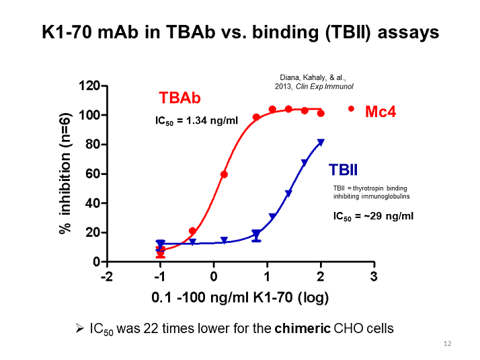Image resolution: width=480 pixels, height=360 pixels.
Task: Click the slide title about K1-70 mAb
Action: click(240, 32)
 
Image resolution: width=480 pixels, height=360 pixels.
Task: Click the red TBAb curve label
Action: click(179, 98)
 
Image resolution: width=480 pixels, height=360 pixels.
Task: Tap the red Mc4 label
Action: click(381, 112)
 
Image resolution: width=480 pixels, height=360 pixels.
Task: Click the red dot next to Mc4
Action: click(351, 108)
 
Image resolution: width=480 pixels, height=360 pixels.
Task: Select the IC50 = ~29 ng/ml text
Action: click(373, 216)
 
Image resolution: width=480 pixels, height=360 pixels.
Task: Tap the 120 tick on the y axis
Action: click(90, 86)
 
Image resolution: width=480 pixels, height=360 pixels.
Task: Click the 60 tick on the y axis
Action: click(93, 174)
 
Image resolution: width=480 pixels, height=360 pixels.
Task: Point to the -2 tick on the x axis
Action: click(106, 277)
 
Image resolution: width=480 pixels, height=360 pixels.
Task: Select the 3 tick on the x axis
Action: click(374, 277)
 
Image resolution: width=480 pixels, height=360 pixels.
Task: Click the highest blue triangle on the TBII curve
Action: click(321, 143)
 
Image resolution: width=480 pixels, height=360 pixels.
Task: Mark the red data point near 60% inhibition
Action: click(224, 174)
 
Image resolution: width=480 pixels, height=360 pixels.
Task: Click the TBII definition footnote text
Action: click(370, 192)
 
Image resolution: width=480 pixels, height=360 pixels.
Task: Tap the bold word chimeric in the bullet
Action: click(299, 329)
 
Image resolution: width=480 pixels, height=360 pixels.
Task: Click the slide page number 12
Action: click(447, 345)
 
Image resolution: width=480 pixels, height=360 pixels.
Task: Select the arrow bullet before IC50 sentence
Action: click(79, 329)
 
